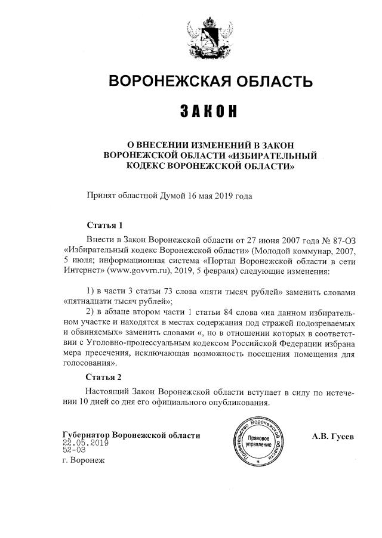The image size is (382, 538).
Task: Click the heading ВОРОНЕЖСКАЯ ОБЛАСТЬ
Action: pyautogui.click(x=210, y=82)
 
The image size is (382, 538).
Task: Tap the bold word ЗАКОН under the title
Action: pyautogui.click(x=209, y=112)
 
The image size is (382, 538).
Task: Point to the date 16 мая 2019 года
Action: pyautogui.click(x=220, y=195)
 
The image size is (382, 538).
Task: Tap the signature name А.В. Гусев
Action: pyautogui.click(x=332, y=436)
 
